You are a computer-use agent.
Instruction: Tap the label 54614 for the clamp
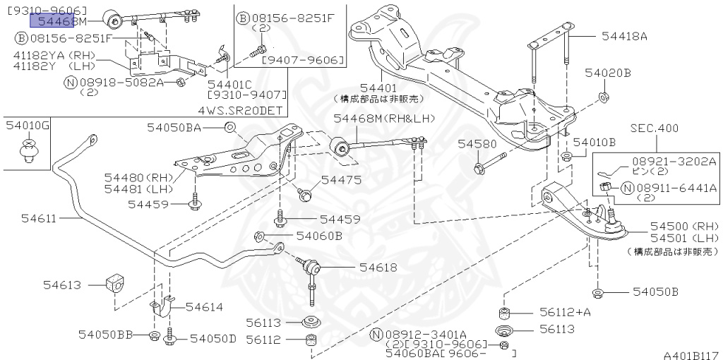pos(204,307)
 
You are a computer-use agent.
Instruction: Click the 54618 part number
pos(378,268)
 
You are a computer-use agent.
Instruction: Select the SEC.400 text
pos(654,128)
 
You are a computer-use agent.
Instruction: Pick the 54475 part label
pos(342,181)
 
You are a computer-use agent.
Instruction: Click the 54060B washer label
pos(318,235)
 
